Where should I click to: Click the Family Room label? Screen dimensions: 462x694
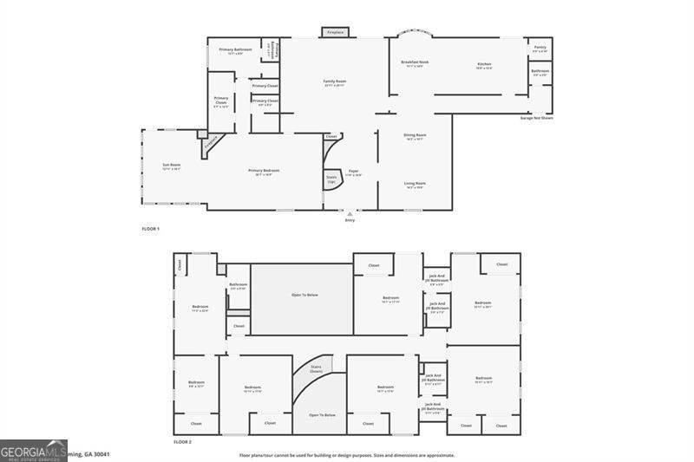point(334,82)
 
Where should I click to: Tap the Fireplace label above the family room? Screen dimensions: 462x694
point(335,33)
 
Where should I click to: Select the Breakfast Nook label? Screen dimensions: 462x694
point(415,62)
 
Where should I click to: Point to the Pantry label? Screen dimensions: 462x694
point(540,49)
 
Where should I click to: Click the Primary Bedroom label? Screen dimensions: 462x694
point(264,172)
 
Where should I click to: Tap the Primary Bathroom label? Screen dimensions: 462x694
point(235,50)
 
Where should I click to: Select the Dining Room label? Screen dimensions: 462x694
point(415,136)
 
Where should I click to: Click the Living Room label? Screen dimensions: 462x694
point(415,184)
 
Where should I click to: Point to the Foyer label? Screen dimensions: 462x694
point(354,172)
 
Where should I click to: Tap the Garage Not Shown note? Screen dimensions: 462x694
point(536,118)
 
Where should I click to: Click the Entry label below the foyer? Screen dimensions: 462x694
point(350,220)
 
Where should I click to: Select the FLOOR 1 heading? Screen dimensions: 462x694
point(151,228)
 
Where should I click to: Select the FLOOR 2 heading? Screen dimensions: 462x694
point(182,441)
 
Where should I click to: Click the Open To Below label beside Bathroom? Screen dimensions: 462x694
point(302,295)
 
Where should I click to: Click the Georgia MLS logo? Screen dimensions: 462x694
point(34,450)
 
